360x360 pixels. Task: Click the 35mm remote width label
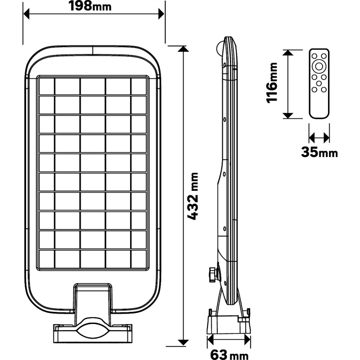click(319, 153)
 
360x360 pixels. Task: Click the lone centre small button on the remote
click(319, 84)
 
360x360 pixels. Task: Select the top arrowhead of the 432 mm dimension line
click(183, 49)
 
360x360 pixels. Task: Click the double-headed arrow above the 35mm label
click(319, 136)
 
